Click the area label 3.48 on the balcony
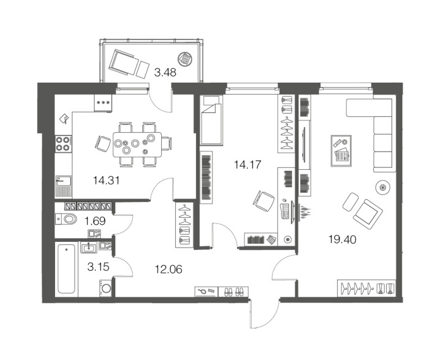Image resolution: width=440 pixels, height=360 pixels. coord(165,73)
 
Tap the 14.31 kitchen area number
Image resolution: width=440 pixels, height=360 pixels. coord(106,180)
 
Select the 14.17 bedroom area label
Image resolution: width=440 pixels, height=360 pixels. coord(247,165)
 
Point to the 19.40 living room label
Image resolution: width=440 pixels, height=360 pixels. coord(342,240)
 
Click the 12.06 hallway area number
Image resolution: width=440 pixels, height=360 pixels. coord(169,269)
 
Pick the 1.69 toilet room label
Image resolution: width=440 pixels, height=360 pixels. coord(95,221)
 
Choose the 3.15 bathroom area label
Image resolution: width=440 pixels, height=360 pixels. coord(98,267)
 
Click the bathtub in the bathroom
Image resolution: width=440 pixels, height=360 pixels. coord(66,268)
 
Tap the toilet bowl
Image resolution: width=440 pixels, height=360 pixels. coord(66,219)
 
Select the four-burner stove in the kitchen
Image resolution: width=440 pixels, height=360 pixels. coord(63,143)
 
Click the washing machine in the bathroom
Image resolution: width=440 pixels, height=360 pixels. coord(106,288)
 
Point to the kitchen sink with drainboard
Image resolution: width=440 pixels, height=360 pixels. coord(63,186)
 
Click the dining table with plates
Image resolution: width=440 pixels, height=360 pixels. coord(137,145)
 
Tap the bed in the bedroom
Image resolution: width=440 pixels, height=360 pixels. coord(212,120)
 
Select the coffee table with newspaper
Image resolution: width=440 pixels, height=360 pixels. coord(341,151)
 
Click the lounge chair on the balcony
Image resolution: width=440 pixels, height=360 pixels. coord(129,64)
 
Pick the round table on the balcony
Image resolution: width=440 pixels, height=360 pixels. coord(185,59)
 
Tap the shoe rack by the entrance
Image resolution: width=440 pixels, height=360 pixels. coord(233,292)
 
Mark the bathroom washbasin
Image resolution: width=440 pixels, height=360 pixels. coord(89,247)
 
